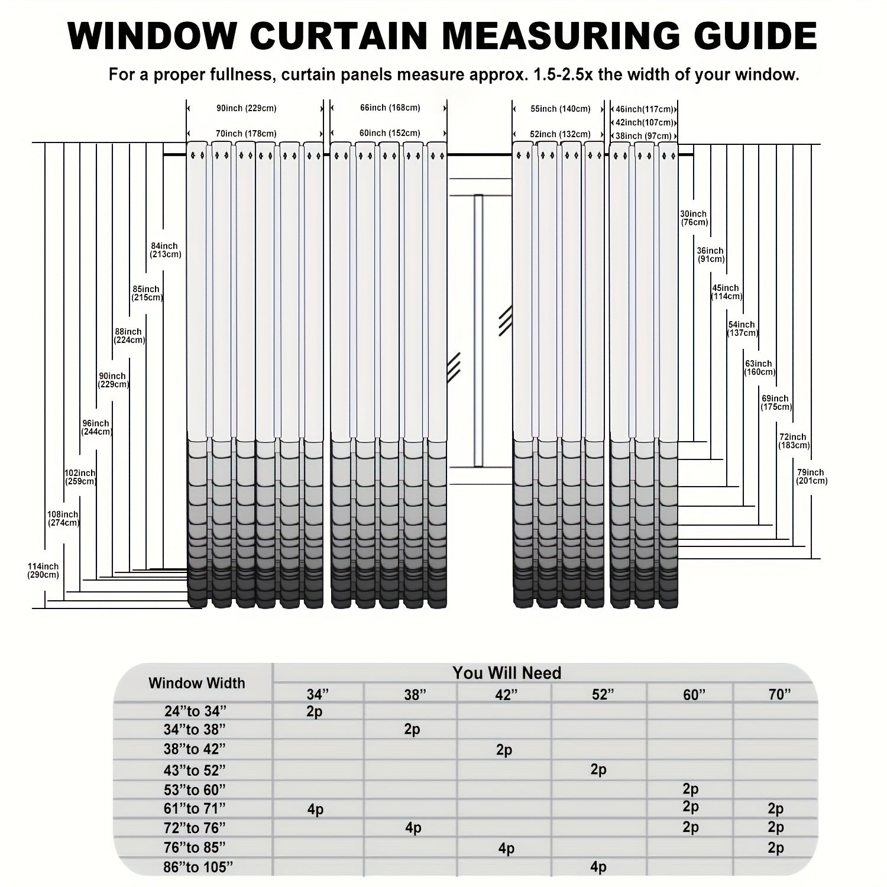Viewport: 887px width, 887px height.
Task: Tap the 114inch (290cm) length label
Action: [43, 571]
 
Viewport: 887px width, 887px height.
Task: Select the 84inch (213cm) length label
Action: [165, 250]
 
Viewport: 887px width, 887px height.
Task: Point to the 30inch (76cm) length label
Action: [694, 218]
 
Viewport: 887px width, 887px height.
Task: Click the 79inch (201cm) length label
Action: [811, 477]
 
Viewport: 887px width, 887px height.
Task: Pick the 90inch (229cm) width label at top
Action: [247, 108]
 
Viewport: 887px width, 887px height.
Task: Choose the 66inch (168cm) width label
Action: [390, 108]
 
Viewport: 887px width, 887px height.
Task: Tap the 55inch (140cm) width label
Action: [560, 109]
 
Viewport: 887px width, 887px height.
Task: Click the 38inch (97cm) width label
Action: [643, 136]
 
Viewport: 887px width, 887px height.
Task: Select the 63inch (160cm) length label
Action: [759, 368]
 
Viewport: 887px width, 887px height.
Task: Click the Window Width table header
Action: [196, 684]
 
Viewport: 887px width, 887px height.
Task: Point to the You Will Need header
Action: [507, 673]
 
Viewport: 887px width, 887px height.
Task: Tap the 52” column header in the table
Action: [599, 695]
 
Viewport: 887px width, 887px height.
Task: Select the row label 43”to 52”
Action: [195, 771]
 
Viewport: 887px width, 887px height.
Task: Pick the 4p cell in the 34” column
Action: [315, 809]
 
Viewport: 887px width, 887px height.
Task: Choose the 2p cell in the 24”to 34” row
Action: [315, 711]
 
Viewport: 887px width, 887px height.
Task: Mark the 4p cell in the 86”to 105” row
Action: [598, 867]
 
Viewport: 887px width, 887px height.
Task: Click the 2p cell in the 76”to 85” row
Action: [776, 848]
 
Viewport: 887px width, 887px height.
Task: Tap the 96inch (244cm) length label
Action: [96, 428]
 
